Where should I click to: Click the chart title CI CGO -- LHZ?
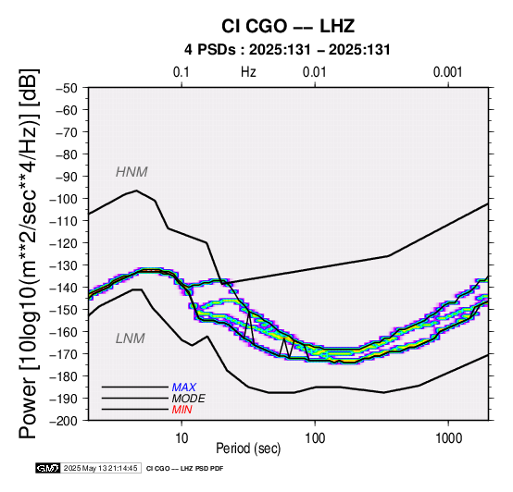pyautogui.click(x=288, y=26)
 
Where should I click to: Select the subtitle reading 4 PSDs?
pyautogui.click(x=209, y=50)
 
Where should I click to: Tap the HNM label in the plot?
pyautogui.click(x=131, y=172)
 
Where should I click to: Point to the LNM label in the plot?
pyautogui.click(x=131, y=338)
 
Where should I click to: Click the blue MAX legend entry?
pyautogui.click(x=183, y=387)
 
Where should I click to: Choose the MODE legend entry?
pyautogui.click(x=189, y=399)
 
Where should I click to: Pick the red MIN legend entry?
pyautogui.click(x=181, y=410)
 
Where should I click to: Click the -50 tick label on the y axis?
pyautogui.click(x=67, y=88)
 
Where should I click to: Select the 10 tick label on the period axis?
pyautogui.click(x=181, y=437)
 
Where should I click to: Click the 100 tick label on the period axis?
pyautogui.click(x=315, y=437)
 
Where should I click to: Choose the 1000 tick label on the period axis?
pyautogui.click(x=448, y=437)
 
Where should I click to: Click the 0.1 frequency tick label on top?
pyautogui.click(x=181, y=72)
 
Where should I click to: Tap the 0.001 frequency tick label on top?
pyautogui.click(x=447, y=72)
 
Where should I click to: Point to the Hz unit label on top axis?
pyautogui.click(x=248, y=72)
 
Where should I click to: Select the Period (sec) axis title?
pyautogui.click(x=248, y=449)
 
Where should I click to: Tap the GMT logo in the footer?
pyautogui.click(x=48, y=469)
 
